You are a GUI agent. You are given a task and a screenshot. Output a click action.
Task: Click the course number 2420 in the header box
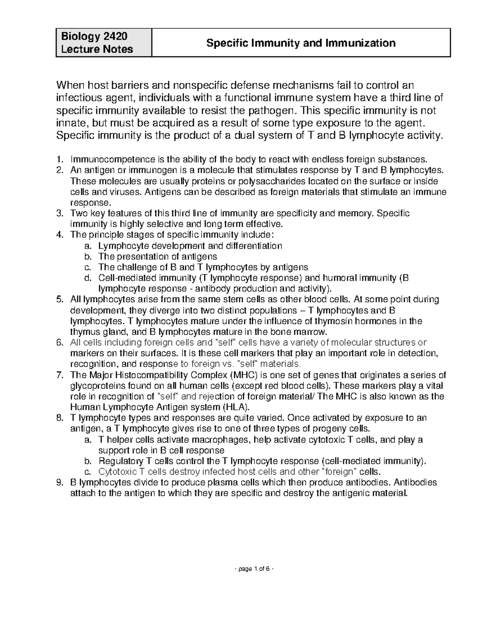(x=116, y=36)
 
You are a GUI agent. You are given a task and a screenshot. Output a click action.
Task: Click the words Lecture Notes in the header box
(x=97, y=49)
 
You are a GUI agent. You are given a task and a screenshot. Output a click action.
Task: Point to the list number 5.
(x=60, y=299)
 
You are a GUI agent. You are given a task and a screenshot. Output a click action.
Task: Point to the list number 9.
(x=60, y=483)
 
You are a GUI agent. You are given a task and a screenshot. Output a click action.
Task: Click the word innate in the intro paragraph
(x=69, y=123)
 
